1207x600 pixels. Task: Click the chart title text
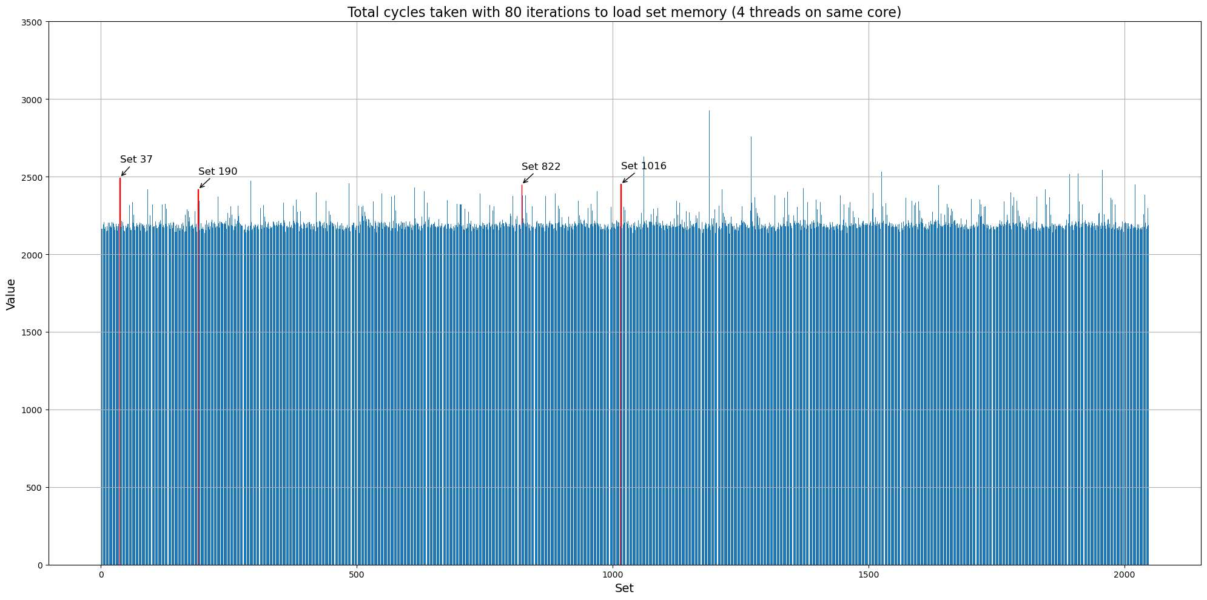pyautogui.click(x=624, y=12)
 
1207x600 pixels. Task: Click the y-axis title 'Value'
pyautogui.click(x=11, y=294)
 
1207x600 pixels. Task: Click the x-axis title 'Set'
pyautogui.click(x=624, y=588)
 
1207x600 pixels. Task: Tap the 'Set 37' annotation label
pyautogui.click(x=136, y=160)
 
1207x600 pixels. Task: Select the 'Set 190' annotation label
pyautogui.click(x=218, y=172)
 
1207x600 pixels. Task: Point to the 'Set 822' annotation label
pyautogui.click(x=541, y=167)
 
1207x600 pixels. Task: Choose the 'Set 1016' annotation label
pyautogui.click(x=644, y=166)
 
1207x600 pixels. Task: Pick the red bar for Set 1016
pyautogui.click(x=621, y=206)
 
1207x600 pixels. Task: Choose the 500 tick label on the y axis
pyautogui.click(x=36, y=488)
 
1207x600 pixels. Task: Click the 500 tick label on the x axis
pyautogui.click(x=357, y=573)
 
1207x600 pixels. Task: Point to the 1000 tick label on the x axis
pyautogui.click(x=613, y=573)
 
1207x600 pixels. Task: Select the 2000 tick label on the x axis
pyautogui.click(x=1125, y=573)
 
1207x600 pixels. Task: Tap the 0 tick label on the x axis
pyautogui.click(x=101, y=573)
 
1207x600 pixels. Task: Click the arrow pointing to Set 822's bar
pyautogui.click(x=528, y=178)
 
